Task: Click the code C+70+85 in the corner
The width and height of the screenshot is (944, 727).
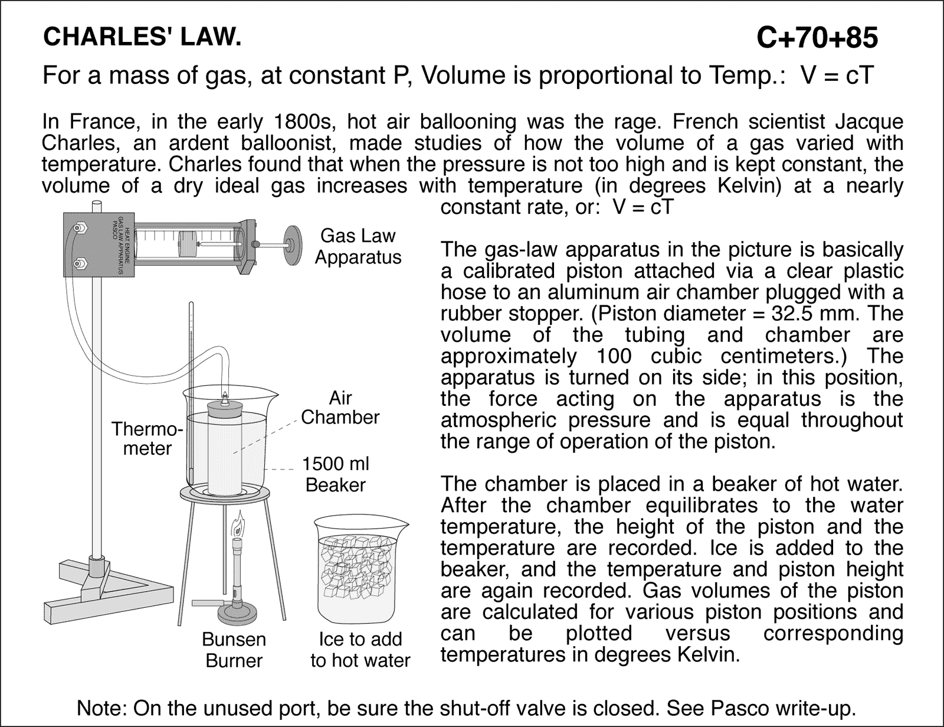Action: tap(817, 38)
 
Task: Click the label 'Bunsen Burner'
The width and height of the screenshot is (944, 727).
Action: tap(234, 650)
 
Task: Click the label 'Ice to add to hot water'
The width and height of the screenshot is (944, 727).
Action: tap(360, 650)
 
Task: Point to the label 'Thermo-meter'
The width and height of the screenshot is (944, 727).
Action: tap(147, 438)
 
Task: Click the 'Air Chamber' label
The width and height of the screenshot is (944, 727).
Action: tap(340, 407)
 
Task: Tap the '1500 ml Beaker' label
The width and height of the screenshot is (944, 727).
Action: tap(336, 474)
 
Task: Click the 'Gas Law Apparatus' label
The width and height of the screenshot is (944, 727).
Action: tap(358, 246)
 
